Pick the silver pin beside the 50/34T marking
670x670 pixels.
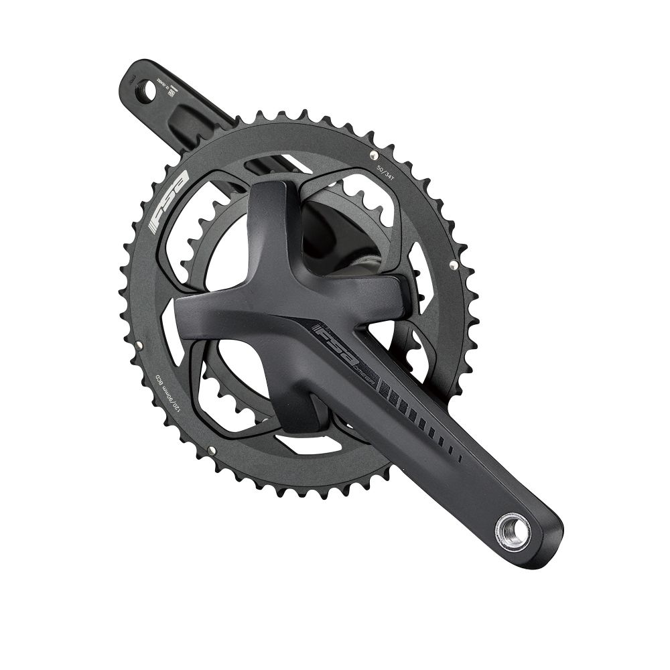tap(373, 155)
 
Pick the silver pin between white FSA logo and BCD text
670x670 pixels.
tap(139, 344)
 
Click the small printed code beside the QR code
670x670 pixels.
tap(161, 86)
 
